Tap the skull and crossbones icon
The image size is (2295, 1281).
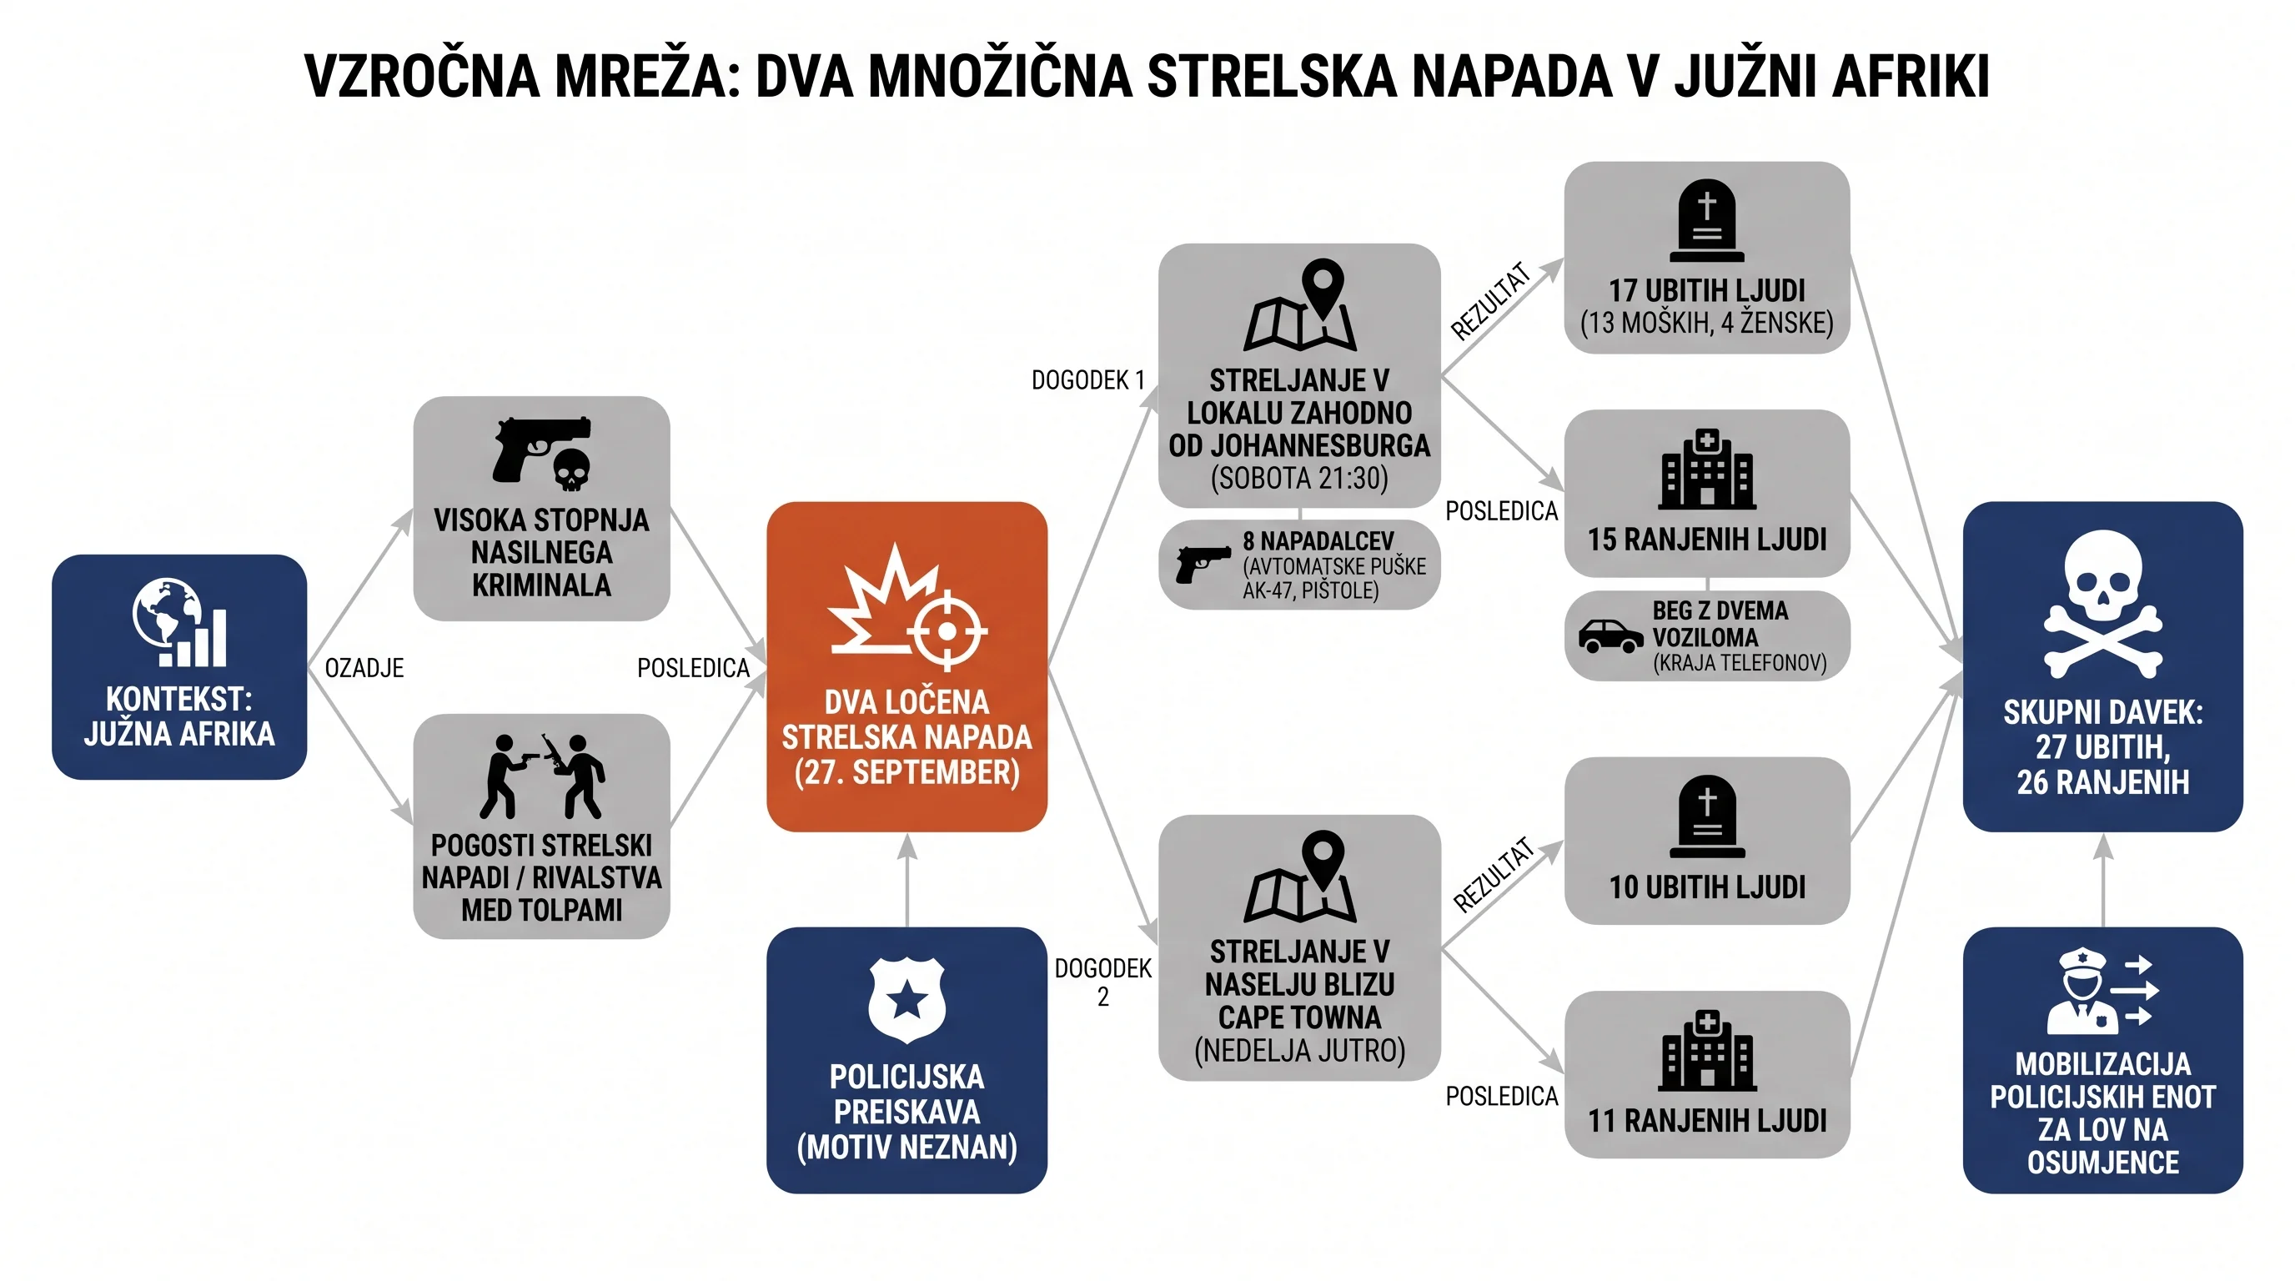2102,604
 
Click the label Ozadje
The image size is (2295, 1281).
364,668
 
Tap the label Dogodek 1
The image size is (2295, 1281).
1087,380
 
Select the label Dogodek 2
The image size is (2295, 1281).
1103,982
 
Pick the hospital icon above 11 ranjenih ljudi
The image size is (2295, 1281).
1707,1051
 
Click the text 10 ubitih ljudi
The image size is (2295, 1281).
1707,887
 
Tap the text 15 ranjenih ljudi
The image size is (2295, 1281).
1707,540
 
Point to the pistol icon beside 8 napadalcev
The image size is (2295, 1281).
1203,563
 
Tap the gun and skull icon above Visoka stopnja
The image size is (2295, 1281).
542,454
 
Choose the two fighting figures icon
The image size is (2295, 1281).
542,776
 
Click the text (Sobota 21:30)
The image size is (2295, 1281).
1299,480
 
